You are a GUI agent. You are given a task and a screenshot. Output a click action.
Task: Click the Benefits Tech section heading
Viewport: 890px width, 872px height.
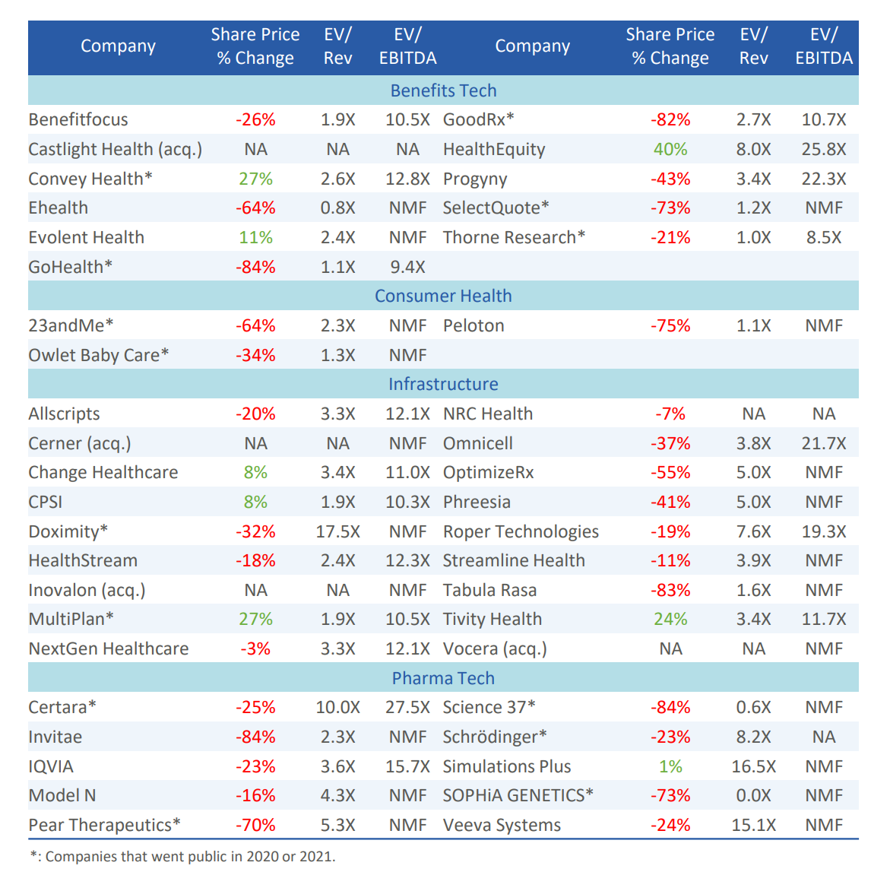pyautogui.click(x=443, y=90)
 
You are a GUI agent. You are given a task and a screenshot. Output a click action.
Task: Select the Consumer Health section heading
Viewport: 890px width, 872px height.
pyautogui.click(x=443, y=296)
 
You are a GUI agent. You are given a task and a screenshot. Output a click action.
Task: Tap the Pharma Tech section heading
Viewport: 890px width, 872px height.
pyautogui.click(x=443, y=678)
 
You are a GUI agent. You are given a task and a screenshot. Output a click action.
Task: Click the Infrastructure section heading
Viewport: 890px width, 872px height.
pyautogui.click(x=443, y=384)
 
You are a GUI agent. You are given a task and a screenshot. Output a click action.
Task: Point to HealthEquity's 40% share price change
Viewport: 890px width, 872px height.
pyautogui.click(x=670, y=149)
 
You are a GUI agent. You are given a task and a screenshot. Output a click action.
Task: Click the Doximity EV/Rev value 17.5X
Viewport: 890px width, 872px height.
pyautogui.click(x=337, y=531)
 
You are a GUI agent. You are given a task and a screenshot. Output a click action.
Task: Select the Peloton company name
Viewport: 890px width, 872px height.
pyautogui.click(x=474, y=325)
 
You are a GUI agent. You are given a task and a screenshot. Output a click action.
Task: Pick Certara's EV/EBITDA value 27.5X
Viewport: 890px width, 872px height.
pyautogui.click(x=407, y=707)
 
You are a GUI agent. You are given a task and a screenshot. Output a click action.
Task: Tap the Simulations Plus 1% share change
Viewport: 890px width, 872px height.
pyautogui.click(x=670, y=766)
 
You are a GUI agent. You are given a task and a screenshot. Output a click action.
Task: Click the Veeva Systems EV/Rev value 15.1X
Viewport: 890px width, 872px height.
pyautogui.click(x=753, y=825)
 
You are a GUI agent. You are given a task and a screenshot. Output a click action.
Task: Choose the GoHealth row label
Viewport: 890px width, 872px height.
pyautogui.click(x=70, y=267)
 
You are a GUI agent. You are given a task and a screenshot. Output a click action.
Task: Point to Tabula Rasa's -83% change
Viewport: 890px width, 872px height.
pyautogui.click(x=670, y=590)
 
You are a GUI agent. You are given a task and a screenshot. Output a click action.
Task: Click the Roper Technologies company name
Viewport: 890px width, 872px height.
pyautogui.click(x=521, y=531)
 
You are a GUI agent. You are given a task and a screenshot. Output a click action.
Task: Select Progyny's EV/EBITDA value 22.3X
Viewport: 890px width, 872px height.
pyautogui.click(x=823, y=179)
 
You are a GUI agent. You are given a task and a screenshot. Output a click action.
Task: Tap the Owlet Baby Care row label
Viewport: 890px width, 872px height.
pyautogui.click(x=98, y=355)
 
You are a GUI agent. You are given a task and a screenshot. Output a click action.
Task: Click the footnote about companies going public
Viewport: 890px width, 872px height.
pyautogui.click(x=182, y=856)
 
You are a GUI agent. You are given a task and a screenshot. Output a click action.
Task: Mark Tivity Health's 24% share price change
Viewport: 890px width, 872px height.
pyautogui.click(x=670, y=619)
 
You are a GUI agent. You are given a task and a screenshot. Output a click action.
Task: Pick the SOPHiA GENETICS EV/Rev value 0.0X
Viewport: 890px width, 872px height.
pyautogui.click(x=753, y=795)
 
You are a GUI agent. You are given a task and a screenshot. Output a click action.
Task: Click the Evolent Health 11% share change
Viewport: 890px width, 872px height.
pyautogui.click(x=255, y=237)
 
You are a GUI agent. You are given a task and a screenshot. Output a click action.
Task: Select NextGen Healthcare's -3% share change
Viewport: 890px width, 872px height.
pyautogui.click(x=255, y=648)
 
